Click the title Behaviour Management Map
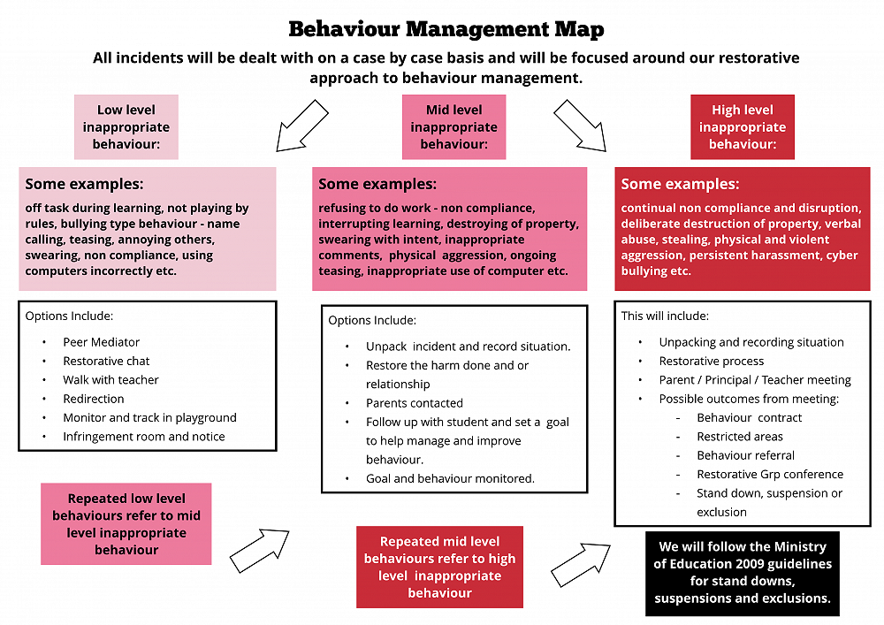pyautogui.click(x=446, y=29)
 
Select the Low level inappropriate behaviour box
pyautogui.click(x=126, y=126)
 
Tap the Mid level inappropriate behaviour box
pyautogui.click(x=453, y=126)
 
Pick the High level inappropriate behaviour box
pyautogui.click(x=742, y=126)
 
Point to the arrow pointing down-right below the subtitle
pyautogui.click(x=580, y=126)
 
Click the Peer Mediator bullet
pyautogui.click(x=101, y=342)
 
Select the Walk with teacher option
pyautogui.click(x=110, y=380)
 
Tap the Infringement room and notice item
pyautogui.click(x=143, y=437)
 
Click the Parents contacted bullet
pyautogui.click(x=414, y=403)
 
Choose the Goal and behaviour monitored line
pyautogui.click(x=450, y=478)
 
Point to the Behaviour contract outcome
pyautogui.click(x=749, y=417)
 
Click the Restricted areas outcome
pyautogui.click(x=739, y=437)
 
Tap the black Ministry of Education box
pyautogui.click(x=743, y=573)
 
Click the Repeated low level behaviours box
pyautogui.click(x=126, y=524)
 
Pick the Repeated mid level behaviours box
pyautogui.click(x=439, y=567)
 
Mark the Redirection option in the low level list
pyautogui.click(x=93, y=399)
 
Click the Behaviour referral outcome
pyautogui.click(x=745, y=455)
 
